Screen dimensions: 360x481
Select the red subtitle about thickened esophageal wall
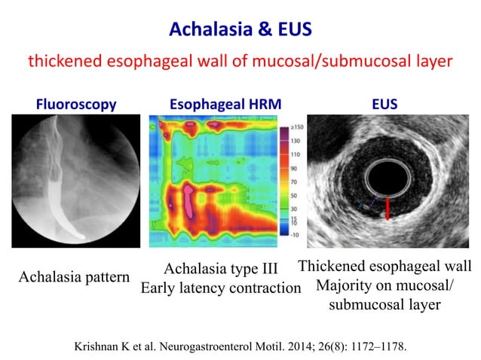click(240, 62)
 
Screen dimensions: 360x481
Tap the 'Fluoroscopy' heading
click(76, 105)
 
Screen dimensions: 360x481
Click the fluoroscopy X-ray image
click(77, 181)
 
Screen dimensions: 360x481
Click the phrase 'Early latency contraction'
click(222, 288)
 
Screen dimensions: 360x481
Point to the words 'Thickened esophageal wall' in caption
click(384, 267)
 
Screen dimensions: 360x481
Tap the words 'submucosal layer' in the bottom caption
click(384, 305)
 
